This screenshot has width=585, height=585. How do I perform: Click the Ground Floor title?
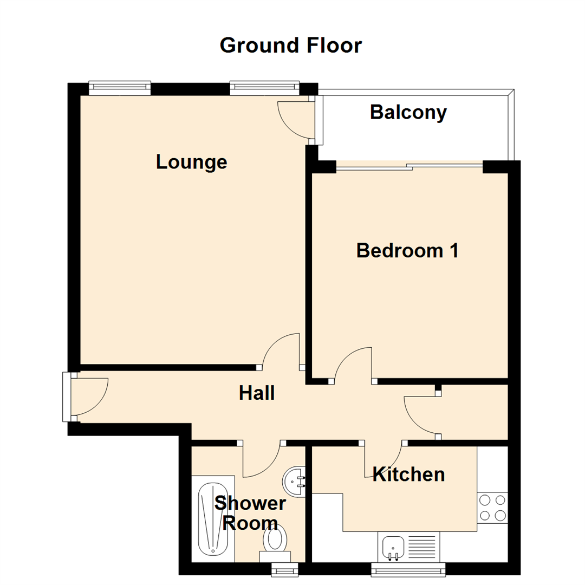(x=290, y=45)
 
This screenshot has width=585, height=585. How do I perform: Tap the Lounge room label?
(x=191, y=162)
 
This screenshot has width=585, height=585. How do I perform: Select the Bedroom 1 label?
(x=407, y=251)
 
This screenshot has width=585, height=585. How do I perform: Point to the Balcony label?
(x=408, y=113)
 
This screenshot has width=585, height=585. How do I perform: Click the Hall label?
(x=257, y=393)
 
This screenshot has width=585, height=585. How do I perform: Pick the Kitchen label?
(x=409, y=474)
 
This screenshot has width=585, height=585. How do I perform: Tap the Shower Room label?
(x=250, y=513)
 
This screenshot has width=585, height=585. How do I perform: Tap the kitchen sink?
(x=393, y=547)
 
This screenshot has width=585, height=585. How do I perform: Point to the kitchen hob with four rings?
(x=492, y=508)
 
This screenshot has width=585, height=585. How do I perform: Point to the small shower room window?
(x=284, y=568)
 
